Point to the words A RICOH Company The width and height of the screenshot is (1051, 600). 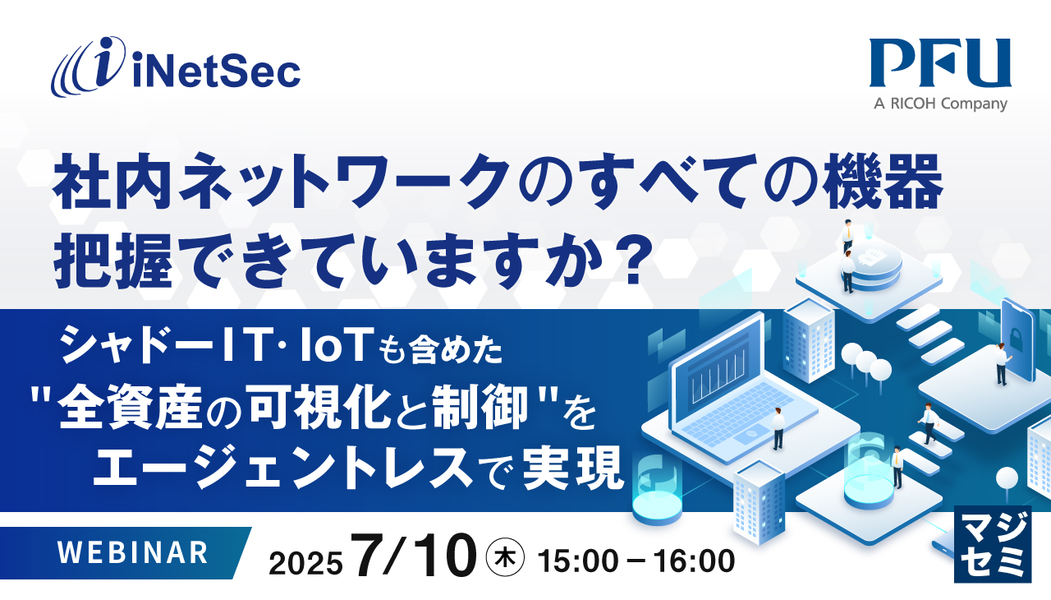point(940,104)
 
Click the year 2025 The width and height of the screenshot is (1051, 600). point(305,564)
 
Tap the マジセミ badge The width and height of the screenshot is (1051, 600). point(992,544)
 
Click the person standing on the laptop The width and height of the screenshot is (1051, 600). point(777,428)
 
